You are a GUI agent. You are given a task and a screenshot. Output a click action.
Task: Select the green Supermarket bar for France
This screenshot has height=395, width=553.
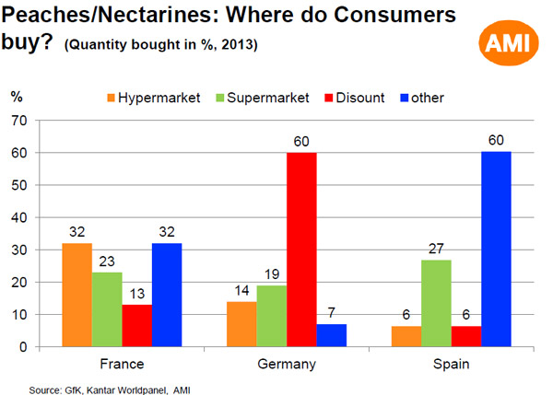coord(108,309)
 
